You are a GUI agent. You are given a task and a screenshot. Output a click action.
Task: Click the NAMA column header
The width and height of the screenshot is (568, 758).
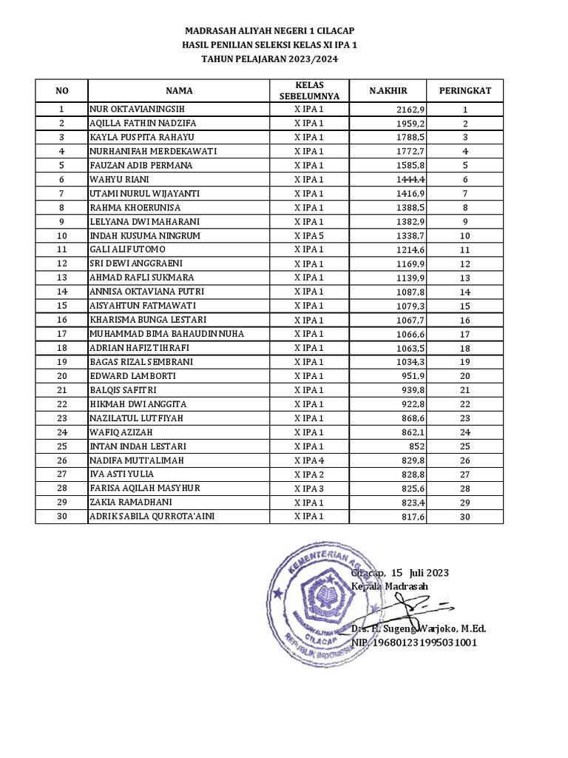(179, 90)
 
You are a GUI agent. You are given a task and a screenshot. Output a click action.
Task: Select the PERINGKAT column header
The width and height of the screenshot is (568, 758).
(465, 90)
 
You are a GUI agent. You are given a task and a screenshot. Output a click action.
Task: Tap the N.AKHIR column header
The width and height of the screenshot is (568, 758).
(388, 90)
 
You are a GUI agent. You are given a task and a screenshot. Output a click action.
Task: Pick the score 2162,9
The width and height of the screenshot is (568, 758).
(411, 110)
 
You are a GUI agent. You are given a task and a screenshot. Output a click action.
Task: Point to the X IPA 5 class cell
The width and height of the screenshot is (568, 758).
(309, 235)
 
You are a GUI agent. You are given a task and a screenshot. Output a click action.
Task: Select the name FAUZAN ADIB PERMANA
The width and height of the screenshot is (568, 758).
(141, 165)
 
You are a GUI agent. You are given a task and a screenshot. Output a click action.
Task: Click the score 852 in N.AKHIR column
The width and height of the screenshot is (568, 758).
(416, 446)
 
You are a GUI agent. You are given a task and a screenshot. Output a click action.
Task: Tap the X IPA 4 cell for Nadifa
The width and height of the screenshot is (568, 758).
(309, 460)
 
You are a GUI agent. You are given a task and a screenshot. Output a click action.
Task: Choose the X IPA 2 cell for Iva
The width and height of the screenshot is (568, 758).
(309, 474)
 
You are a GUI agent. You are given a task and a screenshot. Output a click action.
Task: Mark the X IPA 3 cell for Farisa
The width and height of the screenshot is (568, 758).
(309, 489)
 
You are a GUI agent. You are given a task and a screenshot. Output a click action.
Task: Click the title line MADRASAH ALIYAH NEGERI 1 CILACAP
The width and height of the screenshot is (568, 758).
(269, 30)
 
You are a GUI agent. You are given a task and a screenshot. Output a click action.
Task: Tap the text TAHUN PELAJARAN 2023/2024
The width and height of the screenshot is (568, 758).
(269, 60)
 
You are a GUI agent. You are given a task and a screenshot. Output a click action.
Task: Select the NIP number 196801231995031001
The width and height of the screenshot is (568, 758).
(414, 643)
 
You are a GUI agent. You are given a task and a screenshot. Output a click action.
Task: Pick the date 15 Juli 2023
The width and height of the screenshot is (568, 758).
(419, 573)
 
